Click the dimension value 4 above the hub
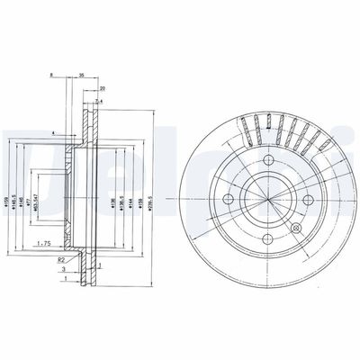[53, 134]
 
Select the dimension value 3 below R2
[62, 268]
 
